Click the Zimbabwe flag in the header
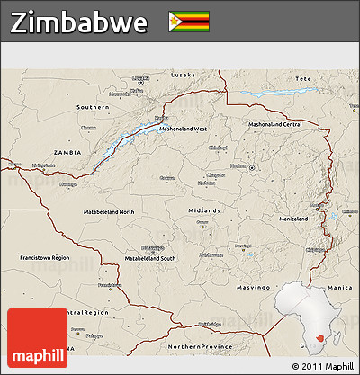[x=188, y=22]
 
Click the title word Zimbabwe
[x=80, y=23]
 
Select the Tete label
[x=302, y=79]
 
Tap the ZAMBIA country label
[x=68, y=153]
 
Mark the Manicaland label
[x=293, y=219]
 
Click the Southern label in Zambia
[x=93, y=107]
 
